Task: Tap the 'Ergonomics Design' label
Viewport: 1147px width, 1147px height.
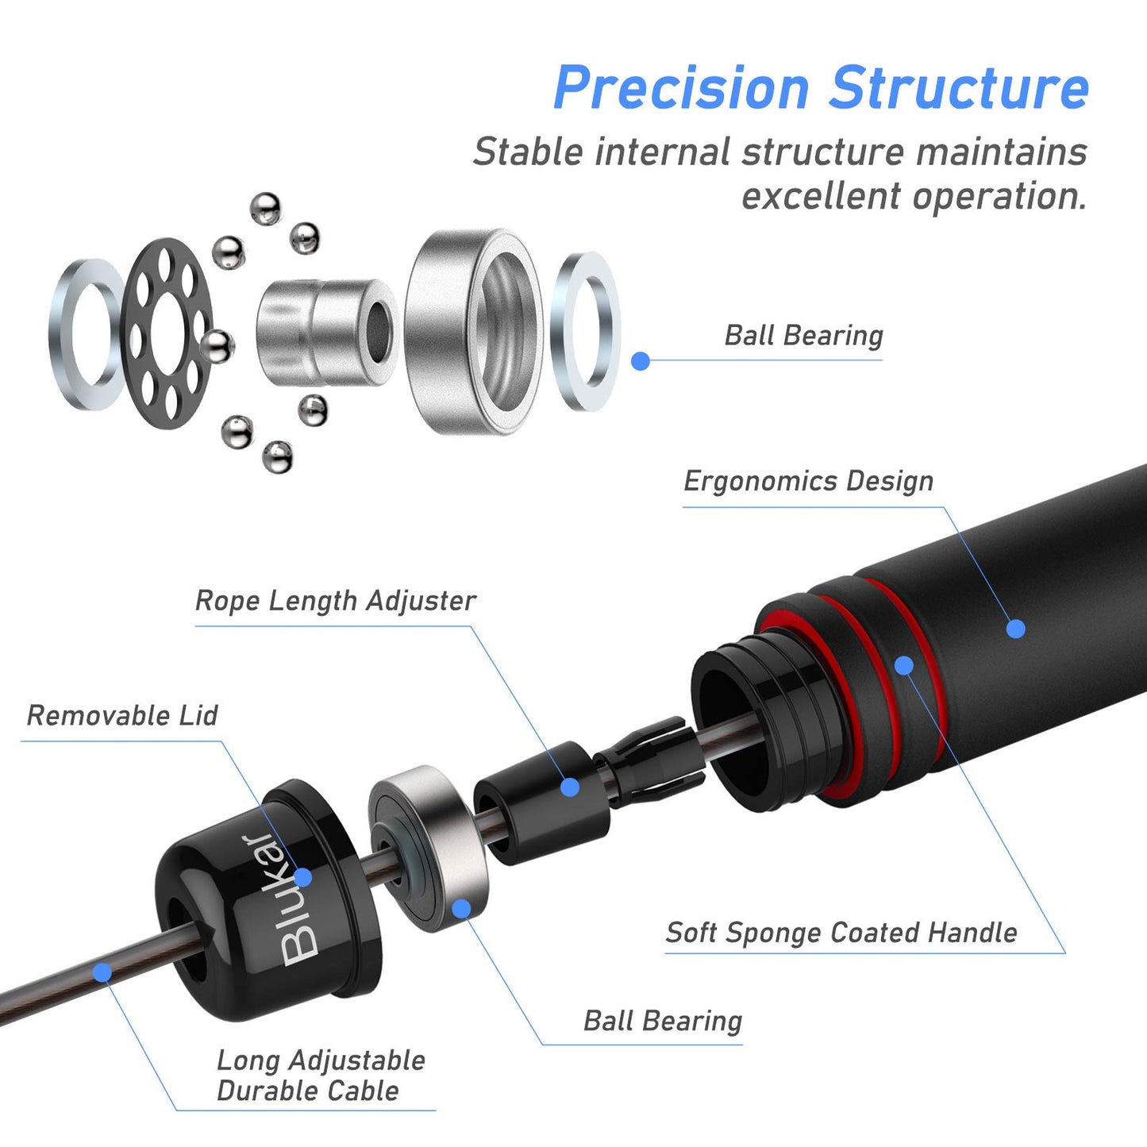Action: (x=808, y=481)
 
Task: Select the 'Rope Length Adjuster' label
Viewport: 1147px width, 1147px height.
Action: (x=335, y=601)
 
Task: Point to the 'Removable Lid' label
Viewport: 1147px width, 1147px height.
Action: (x=122, y=715)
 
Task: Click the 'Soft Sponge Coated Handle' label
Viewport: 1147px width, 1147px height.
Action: (x=841, y=933)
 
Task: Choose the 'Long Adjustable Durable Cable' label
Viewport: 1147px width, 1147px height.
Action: (x=321, y=1076)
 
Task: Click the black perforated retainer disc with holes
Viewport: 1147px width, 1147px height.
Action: (x=167, y=333)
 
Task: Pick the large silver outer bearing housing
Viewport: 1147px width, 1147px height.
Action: (x=474, y=332)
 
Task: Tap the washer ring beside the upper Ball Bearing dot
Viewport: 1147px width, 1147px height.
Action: (x=587, y=331)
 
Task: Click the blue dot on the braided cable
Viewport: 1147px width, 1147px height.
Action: (x=102, y=972)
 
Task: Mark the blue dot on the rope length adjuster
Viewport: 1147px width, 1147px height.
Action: (x=569, y=787)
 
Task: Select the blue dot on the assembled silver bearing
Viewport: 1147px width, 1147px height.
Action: (x=461, y=908)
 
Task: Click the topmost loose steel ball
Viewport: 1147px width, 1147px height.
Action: (x=265, y=208)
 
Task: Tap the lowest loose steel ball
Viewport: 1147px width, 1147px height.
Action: (x=278, y=456)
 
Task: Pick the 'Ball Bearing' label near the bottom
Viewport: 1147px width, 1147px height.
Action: (x=663, y=1021)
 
